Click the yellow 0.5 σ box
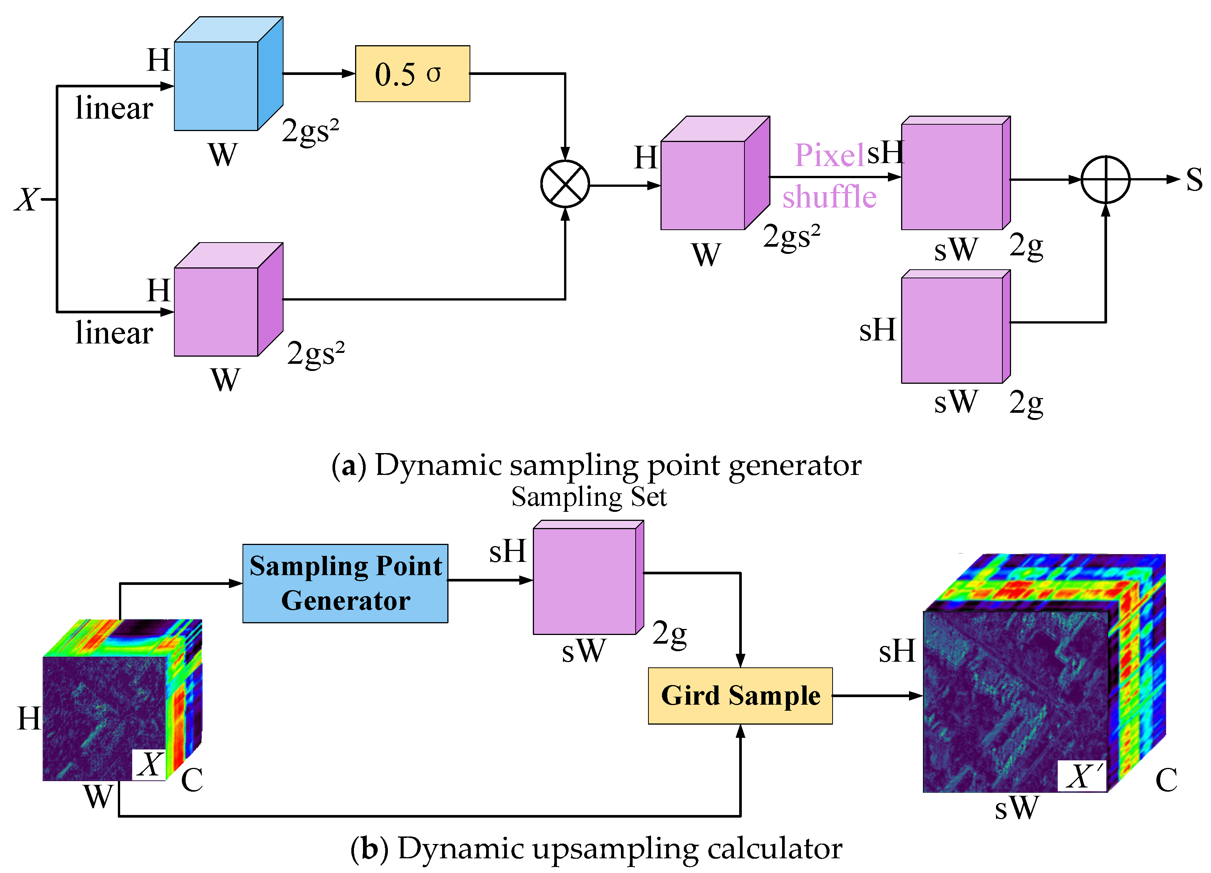[x=412, y=74]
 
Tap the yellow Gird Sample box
[x=740, y=696]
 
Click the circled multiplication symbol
[x=565, y=184]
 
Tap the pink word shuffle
[x=829, y=197]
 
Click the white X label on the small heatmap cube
[x=149, y=765]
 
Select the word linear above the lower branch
[x=114, y=333]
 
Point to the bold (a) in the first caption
[x=348, y=465]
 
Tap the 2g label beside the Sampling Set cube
[x=670, y=634]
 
